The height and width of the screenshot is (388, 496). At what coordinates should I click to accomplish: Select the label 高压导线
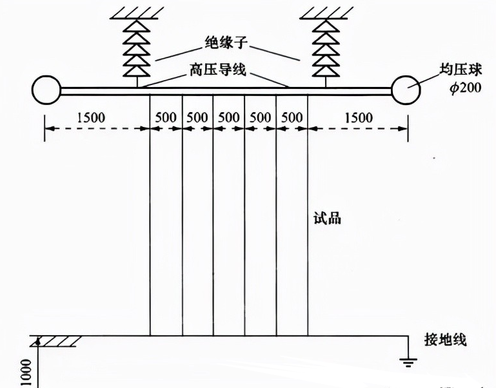[218, 69]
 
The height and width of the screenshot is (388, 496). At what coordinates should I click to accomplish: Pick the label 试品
[332, 218]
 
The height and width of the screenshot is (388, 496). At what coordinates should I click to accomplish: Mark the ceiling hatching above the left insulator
[137, 12]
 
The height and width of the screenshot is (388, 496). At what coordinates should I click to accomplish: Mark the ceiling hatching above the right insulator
[325, 12]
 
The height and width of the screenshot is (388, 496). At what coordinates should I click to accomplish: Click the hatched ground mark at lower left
[55, 340]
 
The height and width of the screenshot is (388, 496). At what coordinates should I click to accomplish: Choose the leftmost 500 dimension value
[166, 117]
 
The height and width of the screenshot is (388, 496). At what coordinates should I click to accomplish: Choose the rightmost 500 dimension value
[292, 117]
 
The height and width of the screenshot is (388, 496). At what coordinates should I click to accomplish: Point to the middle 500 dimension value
[229, 117]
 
